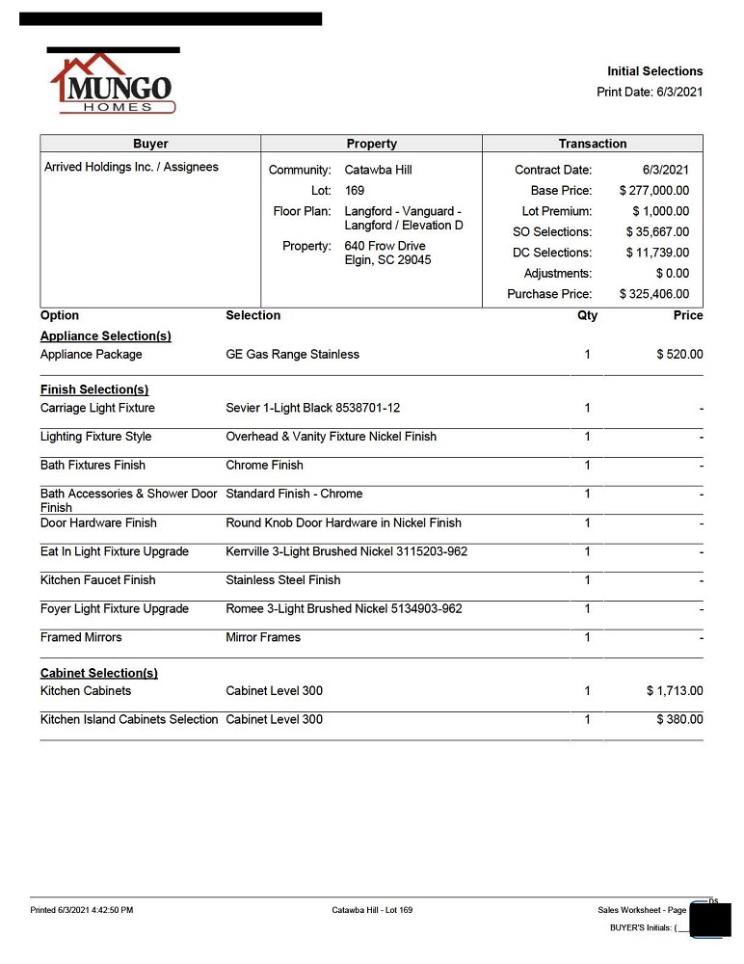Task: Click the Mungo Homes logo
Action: tap(113, 85)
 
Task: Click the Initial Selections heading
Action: tap(654, 71)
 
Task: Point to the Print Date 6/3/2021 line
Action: tap(650, 92)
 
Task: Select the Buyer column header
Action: tap(150, 144)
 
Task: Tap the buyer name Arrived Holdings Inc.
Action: tap(131, 167)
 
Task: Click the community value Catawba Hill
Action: tap(378, 170)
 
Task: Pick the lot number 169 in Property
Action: tap(355, 191)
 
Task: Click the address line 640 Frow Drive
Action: tap(385, 246)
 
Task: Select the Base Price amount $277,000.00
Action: tap(654, 191)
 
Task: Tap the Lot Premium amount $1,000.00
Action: tap(660, 211)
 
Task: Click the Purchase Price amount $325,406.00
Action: tap(654, 294)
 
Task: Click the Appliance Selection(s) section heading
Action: tap(106, 336)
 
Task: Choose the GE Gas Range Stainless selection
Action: tap(292, 355)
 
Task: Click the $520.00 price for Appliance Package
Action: tap(679, 355)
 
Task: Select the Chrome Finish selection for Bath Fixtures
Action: tap(264, 466)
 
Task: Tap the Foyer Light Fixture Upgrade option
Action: tap(115, 609)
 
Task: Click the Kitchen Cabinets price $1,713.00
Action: tap(675, 691)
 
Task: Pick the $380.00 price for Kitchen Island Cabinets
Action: tap(679, 720)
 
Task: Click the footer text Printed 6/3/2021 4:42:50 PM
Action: tap(82, 910)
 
